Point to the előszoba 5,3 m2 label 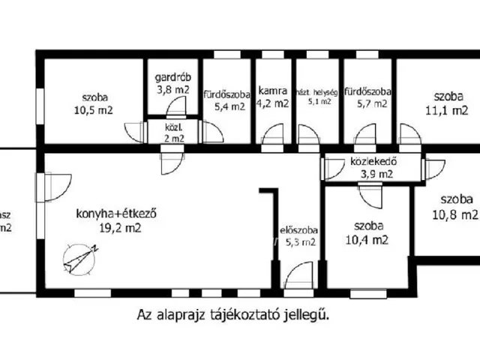click(x=298, y=235)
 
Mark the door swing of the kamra click(x=271, y=135)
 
